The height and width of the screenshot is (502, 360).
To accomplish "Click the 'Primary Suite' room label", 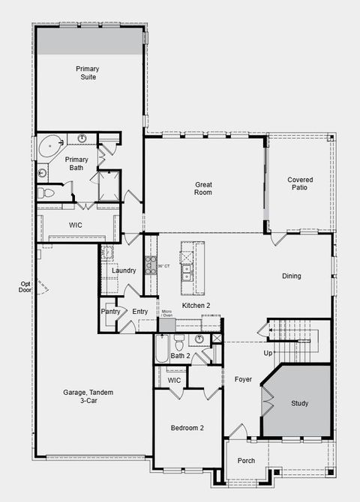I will tap(87, 73).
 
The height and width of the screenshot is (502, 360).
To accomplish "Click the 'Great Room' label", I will tap(203, 188).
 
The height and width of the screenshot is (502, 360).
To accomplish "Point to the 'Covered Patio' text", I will tap(300, 184).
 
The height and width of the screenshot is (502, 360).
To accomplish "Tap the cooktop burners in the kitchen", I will tap(150, 265).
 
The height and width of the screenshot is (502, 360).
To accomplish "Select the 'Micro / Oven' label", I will tap(168, 312).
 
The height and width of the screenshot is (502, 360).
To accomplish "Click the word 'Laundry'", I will tap(124, 270).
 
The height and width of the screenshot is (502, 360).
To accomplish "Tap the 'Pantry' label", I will tap(110, 312).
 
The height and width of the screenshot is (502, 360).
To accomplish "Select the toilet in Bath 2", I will tap(180, 342).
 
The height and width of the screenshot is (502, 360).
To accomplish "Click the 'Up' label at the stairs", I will tap(268, 353).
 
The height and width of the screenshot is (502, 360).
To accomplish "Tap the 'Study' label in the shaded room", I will tap(299, 403).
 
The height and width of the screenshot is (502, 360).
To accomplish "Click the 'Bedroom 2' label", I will tap(187, 428).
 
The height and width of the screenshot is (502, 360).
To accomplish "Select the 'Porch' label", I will tap(246, 460).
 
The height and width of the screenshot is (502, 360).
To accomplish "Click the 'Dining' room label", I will tap(291, 276).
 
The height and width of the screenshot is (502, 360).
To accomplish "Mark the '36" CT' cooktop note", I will tap(163, 266).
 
